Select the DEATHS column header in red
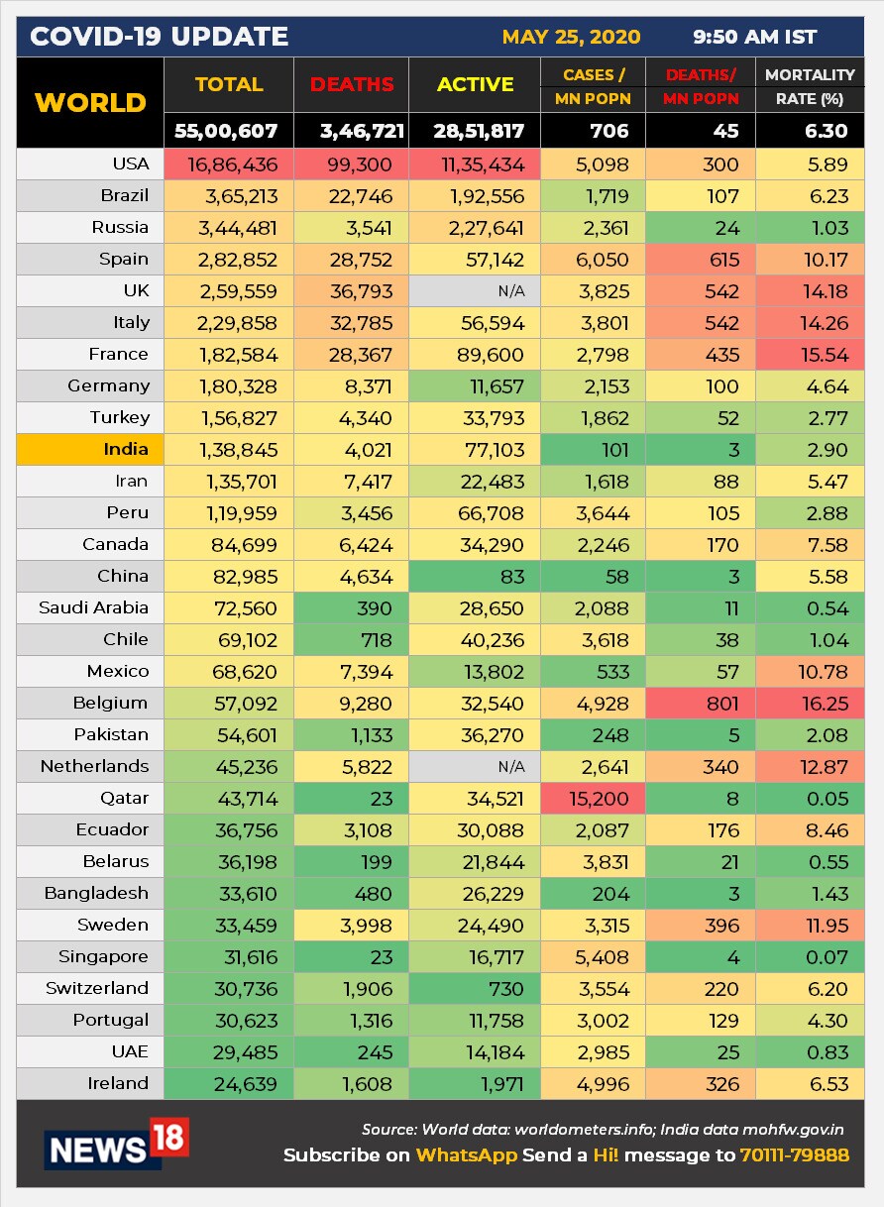(x=352, y=85)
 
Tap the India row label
(x=126, y=449)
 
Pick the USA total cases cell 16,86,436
(x=238, y=165)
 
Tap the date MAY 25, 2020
(x=571, y=38)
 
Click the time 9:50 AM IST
(x=755, y=38)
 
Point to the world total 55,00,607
(x=230, y=131)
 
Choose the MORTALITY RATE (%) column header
(x=811, y=86)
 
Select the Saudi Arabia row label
(x=93, y=607)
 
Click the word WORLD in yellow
(x=90, y=103)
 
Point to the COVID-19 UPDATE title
(x=160, y=38)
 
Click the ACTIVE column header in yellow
(x=476, y=85)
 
